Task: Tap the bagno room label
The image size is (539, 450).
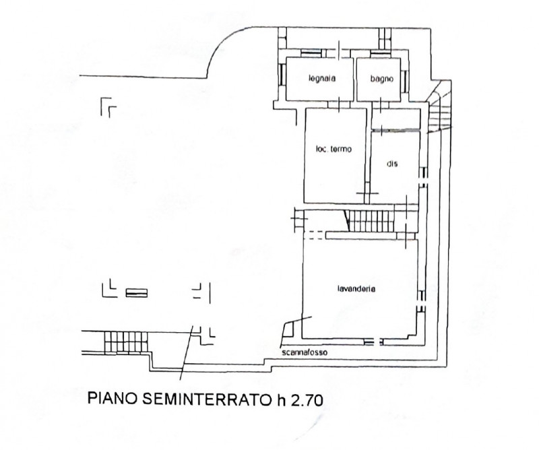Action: tap(380, 79)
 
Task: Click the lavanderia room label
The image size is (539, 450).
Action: tap(356, 289)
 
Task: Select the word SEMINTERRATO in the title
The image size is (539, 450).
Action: tap(204, 399)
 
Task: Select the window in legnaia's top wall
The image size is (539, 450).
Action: tap(312, 51)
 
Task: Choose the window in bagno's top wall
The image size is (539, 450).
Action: tap(380, 51)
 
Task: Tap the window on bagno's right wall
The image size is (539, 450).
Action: tap(405, 79)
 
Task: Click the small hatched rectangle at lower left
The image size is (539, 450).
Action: tap(135, 292)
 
